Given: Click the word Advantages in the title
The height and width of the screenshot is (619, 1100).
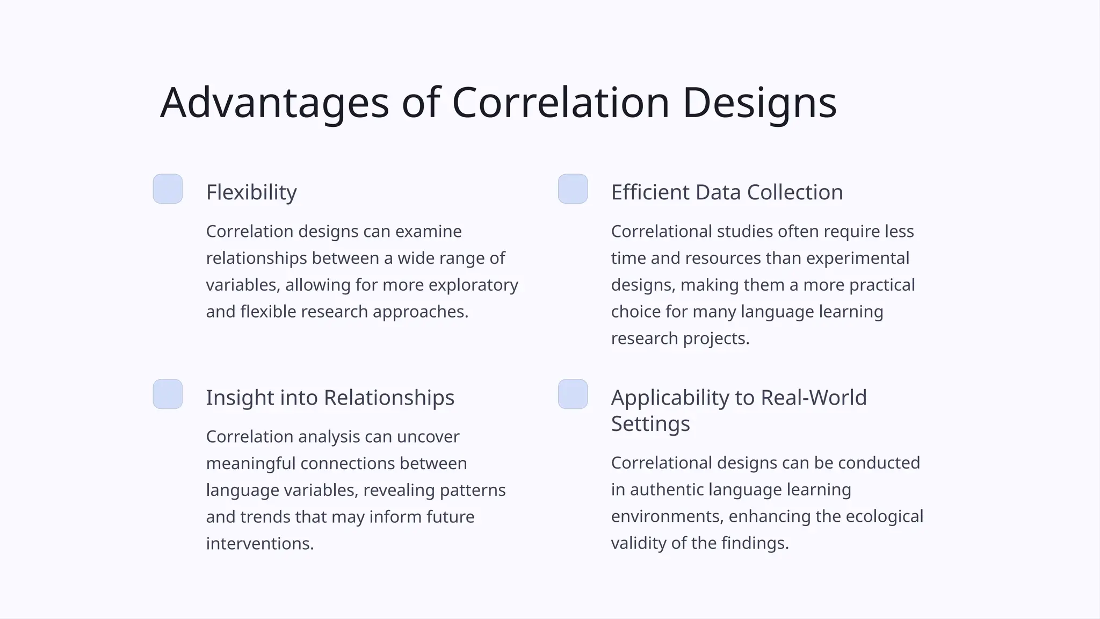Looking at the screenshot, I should [274, 103].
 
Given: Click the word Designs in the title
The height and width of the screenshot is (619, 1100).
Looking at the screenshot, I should [759, 103].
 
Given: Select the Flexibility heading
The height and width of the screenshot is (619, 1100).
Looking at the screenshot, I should [251, 192].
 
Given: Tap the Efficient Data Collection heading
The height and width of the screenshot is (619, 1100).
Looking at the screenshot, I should [727, 192].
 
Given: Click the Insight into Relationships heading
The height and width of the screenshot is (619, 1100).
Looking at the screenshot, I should [330, 398].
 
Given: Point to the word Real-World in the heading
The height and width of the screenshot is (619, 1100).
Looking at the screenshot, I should [814, 398].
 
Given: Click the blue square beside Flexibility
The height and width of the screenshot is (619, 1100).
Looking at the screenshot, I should [168, 189].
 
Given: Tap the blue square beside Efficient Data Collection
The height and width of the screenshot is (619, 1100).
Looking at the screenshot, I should [573, 189].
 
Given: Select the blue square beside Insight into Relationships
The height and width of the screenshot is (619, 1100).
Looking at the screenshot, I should [168, 394].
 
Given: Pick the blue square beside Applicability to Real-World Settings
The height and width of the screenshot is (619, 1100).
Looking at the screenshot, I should [573, 394].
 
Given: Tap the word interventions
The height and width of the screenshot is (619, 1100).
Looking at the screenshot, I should [259, 543].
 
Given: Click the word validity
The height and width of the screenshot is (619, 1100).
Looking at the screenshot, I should [639, 543].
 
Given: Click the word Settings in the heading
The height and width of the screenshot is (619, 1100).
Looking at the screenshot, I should [650, 424].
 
